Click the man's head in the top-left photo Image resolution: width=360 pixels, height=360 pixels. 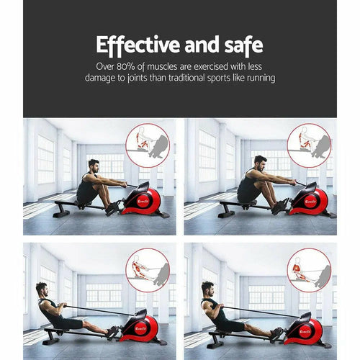point(93,167)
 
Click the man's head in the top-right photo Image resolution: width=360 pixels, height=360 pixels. point(260,162)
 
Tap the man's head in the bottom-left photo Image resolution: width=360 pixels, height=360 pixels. point(41,289)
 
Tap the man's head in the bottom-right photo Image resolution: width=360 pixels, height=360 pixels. point(207,289)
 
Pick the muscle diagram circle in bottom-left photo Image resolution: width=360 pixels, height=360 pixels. point(148,270)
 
